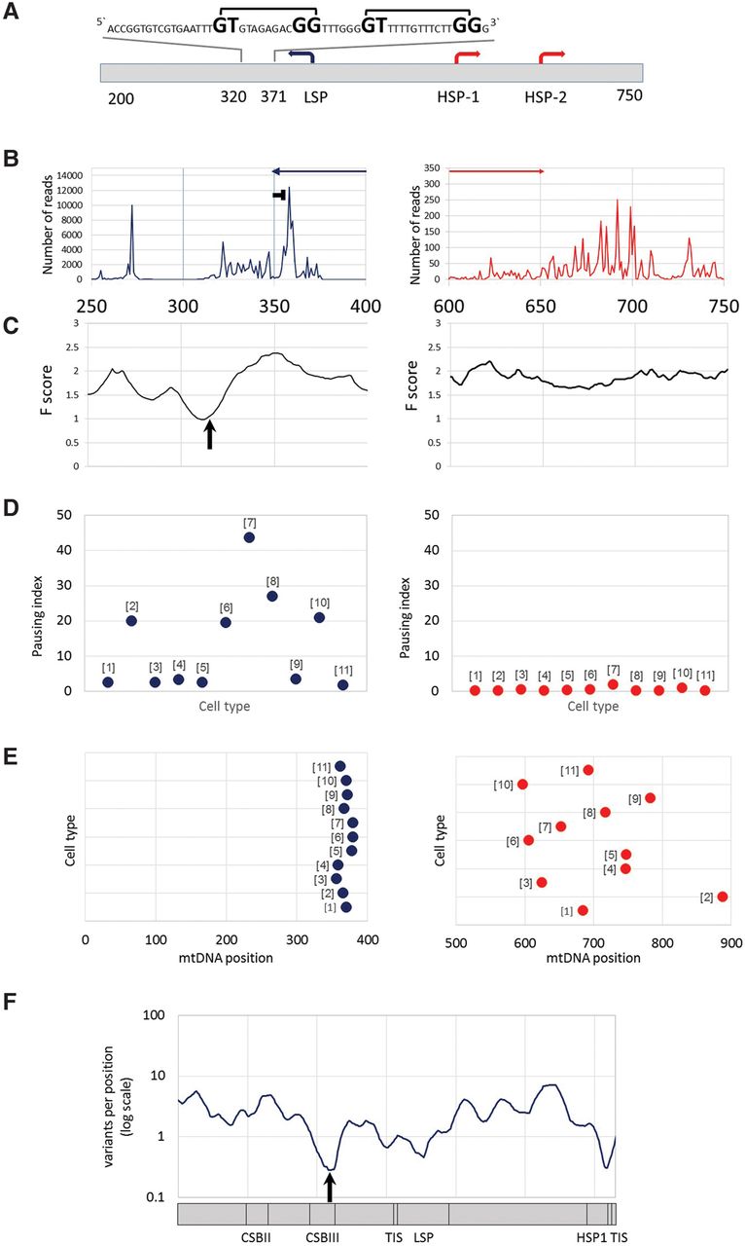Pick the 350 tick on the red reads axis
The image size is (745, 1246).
(435, 169)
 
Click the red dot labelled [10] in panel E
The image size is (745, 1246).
(522, 784)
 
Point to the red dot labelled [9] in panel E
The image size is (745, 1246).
(650, 798)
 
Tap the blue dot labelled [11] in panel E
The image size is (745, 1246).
(339, 766)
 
